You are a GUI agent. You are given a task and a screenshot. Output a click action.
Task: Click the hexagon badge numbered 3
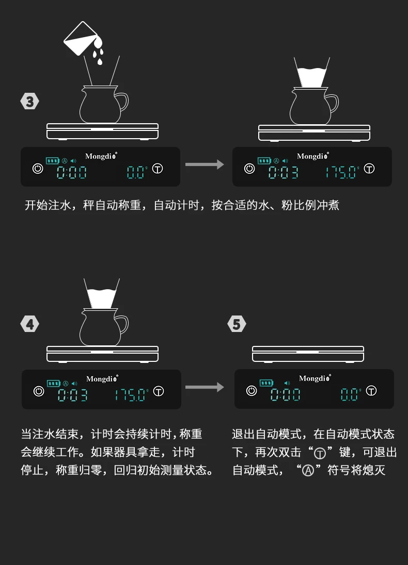pos(29,101)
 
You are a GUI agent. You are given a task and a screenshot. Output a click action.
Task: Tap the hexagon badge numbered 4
pos(29,324)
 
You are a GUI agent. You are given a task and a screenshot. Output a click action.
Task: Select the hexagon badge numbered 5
pos(237,324)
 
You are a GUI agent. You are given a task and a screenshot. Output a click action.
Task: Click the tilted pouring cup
pos(80,38)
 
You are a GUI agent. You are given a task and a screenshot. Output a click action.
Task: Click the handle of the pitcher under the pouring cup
pos(122,102)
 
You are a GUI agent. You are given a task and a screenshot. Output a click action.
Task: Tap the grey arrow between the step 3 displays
pos(205,164)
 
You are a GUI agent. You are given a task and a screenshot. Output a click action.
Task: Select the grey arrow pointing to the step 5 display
pos(205,387)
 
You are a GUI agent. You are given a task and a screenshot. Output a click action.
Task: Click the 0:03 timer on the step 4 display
pos(73,395)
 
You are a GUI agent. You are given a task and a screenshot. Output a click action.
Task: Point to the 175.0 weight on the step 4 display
pos(130,395)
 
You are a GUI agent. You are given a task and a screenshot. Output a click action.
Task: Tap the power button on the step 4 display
pos(39,391)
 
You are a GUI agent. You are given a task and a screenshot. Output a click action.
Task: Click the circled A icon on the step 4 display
pos(66,384)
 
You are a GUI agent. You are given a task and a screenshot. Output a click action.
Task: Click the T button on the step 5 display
pos(371,391)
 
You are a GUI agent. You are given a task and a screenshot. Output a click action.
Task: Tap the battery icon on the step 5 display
pos(266,383)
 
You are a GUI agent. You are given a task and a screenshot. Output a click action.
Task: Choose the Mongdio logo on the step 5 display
pos(315,378)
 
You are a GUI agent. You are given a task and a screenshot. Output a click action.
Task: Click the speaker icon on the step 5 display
pos(287,383)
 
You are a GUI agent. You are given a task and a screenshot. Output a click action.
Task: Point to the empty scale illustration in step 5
pos(308,354)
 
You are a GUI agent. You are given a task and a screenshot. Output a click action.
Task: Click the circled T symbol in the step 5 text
pos(320,453)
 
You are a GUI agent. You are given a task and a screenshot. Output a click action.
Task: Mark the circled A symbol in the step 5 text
pos(308,471)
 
